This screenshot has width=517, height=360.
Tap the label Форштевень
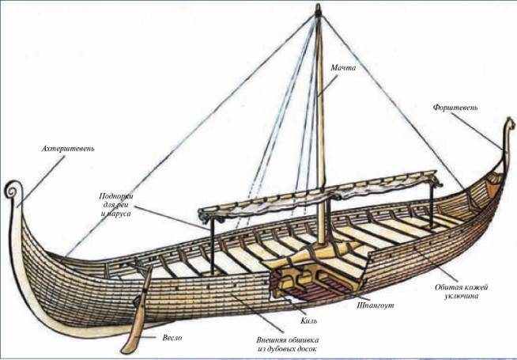tap(454, 107)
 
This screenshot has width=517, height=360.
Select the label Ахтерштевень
tap(70, 148)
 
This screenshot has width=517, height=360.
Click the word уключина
tap(459, 296)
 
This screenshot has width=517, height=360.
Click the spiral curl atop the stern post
tap(12, 191)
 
